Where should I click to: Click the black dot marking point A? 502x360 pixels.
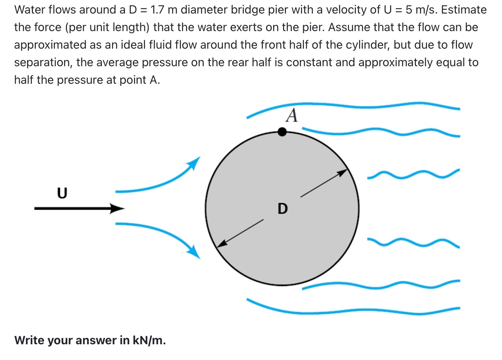point(282,132)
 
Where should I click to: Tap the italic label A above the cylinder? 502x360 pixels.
point(292,116)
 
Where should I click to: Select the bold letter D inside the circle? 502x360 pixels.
point(283,209)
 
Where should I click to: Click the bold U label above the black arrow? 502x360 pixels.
point(62,193)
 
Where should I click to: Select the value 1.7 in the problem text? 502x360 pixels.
point(157,10)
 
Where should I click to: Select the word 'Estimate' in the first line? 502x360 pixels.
point(464,10)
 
